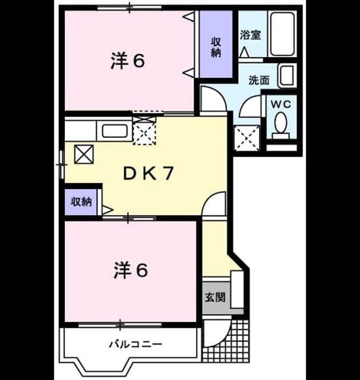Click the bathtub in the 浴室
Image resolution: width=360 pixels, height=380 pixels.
tap(282, 34)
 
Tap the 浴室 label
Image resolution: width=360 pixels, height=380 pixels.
tap(251, 35)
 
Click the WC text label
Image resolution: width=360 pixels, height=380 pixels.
tap(281, 104)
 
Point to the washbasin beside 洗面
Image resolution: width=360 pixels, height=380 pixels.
tap(288, 75)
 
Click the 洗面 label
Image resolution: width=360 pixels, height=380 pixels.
tap(258, 80)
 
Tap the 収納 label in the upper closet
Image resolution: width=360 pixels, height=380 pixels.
tap(216, 47)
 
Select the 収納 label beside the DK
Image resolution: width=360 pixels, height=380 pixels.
tap(81, 202)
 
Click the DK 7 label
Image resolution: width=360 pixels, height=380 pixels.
tap(149, 174)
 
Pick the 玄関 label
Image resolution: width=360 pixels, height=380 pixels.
tap(215, 297)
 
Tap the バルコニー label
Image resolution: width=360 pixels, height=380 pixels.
tap(135, 344)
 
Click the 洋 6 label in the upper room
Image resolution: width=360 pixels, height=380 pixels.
tap(128, 61)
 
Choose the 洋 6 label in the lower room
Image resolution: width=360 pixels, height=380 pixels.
tap(131, 270)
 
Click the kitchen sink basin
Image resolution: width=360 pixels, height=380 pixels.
tap(115, 131)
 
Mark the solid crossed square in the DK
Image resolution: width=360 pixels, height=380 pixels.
tap(84, 154)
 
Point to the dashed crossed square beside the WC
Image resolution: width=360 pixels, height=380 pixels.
tap(247, 138)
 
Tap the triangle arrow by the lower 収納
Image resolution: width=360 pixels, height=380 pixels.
tap(108, 210)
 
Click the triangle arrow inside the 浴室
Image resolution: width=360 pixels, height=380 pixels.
tap(244, 52)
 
